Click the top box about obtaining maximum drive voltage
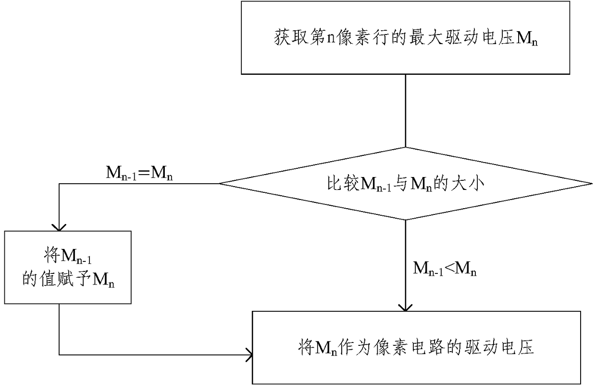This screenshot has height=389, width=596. click(406, 37)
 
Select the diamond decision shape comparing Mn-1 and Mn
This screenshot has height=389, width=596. click(406, 184)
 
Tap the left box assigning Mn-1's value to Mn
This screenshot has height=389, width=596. click(68, 267)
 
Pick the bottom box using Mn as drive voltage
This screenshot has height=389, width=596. click(416, 347)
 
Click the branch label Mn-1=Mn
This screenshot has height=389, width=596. click(139, 173)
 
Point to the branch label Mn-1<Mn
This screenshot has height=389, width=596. click(445, 269)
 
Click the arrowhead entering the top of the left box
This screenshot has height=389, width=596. click(59, 227)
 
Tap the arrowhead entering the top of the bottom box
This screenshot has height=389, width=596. click(405, 308)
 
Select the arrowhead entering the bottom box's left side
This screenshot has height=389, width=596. click(249, 355)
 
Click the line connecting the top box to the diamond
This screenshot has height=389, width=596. click(406, 111)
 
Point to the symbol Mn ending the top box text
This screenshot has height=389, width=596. click(527, 39)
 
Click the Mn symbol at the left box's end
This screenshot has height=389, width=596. click(103, 281)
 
